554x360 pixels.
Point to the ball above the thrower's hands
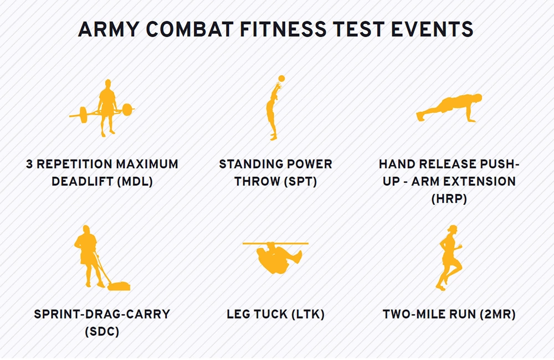(281, 79)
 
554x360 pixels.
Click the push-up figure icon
(449, 109)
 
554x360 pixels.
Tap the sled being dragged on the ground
(119, 285)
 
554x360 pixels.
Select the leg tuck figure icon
(277, 258)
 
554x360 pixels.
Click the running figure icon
(449, 258)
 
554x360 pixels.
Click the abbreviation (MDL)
(134, 181)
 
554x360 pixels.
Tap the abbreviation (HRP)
(449, 198)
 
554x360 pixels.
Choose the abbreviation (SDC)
(102, 331)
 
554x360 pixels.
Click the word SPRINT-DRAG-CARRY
(102, 315)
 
